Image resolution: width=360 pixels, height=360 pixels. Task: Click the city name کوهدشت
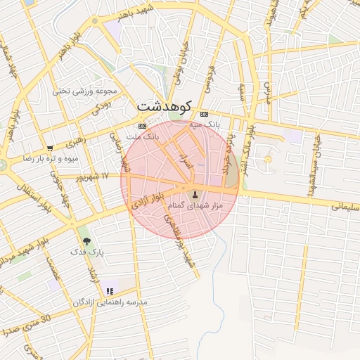tap(164, 106)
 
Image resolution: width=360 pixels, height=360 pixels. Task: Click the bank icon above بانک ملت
tap(143, 126)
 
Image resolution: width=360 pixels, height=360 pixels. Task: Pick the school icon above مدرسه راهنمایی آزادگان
tap(110, 291)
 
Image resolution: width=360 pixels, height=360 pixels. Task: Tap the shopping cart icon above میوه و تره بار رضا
tap(50, 148)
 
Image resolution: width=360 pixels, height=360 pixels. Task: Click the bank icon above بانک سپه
tap(204, 114)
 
